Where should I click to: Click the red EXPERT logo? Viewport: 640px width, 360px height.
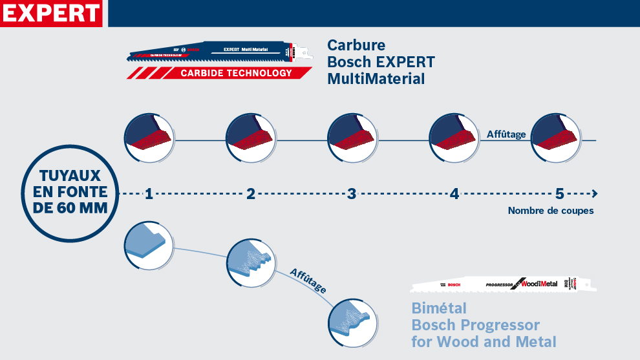click(x=52, y=13)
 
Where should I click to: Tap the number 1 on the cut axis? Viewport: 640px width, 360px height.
click(x=149, y=193)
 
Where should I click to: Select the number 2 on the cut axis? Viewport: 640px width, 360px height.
click(x=251, y=193)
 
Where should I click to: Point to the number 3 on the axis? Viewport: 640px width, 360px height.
click(x=352, y=193)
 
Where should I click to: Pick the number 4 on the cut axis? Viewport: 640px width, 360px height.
click(x=454, y=193)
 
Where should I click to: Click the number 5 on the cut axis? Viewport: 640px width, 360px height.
click(x=559, y=193)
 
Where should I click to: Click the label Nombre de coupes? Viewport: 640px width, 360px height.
click(x=550, y=211)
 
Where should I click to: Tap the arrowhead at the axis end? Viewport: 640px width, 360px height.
click(x=594, y=193)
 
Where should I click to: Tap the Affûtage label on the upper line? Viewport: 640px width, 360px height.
click(x=506, y=134)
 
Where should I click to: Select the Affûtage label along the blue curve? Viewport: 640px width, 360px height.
click(x=308, y=281)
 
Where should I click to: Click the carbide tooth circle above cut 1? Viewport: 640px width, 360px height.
click(x=149, y=137)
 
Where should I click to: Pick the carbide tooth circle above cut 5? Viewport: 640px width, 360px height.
click(x=555, y=137)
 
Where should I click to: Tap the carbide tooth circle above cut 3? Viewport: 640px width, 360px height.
click(x=352, y=137)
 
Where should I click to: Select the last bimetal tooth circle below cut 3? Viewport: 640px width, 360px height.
click(x=352, y=321)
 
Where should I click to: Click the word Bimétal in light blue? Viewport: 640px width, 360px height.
click(x=438, y=308)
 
